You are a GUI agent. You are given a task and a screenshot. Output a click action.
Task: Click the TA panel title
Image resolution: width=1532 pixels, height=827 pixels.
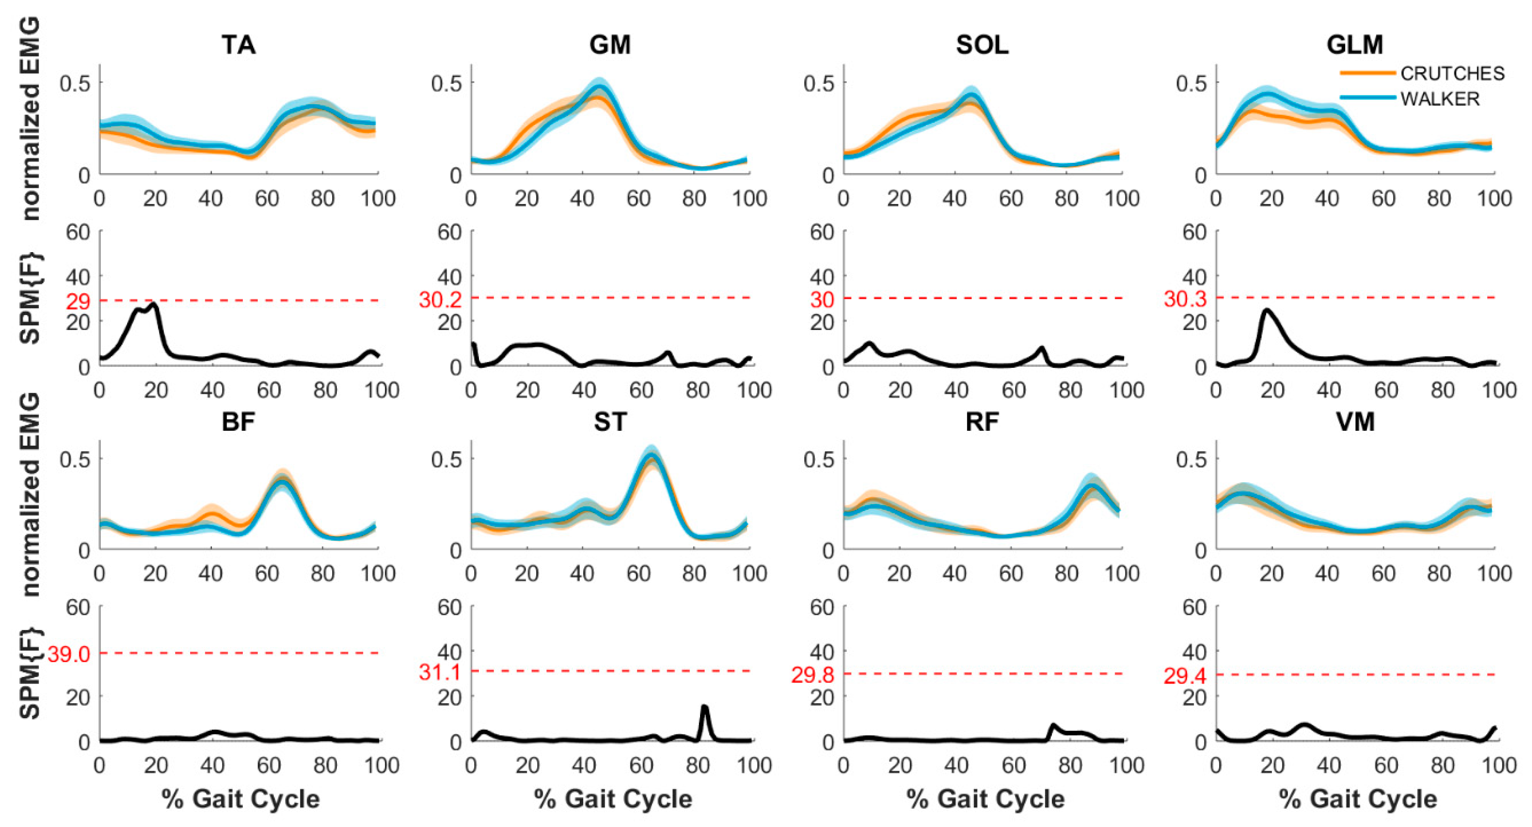(239, 45)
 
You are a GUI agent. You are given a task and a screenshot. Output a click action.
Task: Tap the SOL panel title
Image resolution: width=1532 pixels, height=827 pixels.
(982, 45)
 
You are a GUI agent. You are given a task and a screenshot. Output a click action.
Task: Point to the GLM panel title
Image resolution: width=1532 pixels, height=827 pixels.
(1354, 45)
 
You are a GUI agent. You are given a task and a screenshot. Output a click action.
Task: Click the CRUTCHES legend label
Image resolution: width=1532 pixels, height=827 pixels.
(1452, 73)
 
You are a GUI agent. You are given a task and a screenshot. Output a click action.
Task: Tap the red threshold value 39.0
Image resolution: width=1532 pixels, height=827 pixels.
(68, 654)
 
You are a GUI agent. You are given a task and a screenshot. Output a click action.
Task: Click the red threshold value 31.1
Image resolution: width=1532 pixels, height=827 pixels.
(440, 672)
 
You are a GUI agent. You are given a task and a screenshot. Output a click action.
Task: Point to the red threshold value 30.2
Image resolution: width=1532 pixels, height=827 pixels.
(440, 299)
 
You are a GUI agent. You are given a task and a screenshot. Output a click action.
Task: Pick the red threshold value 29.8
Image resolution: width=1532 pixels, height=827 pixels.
(812, 675)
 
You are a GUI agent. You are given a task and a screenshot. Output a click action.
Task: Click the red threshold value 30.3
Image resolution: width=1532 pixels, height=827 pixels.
(1185, 299)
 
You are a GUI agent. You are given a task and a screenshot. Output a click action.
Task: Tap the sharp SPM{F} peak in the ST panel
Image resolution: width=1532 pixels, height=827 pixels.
(704, 707)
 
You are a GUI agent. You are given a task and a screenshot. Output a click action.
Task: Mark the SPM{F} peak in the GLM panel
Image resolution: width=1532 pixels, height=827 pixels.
(1267, 310)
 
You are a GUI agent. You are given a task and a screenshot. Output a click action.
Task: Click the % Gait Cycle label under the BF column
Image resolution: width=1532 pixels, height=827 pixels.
(241, 799)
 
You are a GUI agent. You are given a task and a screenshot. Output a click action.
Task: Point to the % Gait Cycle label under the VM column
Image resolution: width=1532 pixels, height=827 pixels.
(1357, 799)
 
